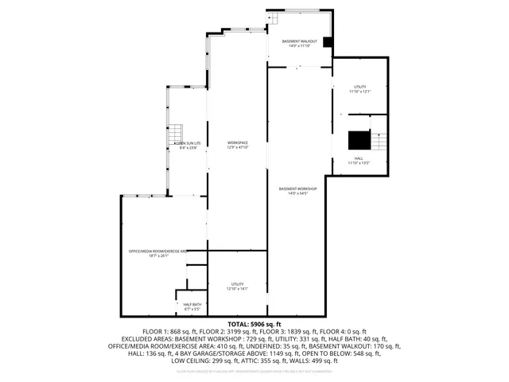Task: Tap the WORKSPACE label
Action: pos(238,142)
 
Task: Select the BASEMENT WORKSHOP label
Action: pos(298,189)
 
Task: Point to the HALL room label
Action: pos(359,158)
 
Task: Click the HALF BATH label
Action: pos(192,304)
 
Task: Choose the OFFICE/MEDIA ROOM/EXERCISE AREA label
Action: pos(157,251)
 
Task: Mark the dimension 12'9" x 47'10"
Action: pos(238,148)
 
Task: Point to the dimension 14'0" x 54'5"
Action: pos(298,193)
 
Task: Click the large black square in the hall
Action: pos(359,140)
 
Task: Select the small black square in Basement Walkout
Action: pos(327,42)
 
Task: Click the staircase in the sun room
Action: pos(177,136)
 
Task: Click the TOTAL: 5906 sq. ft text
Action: pos(254,325)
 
